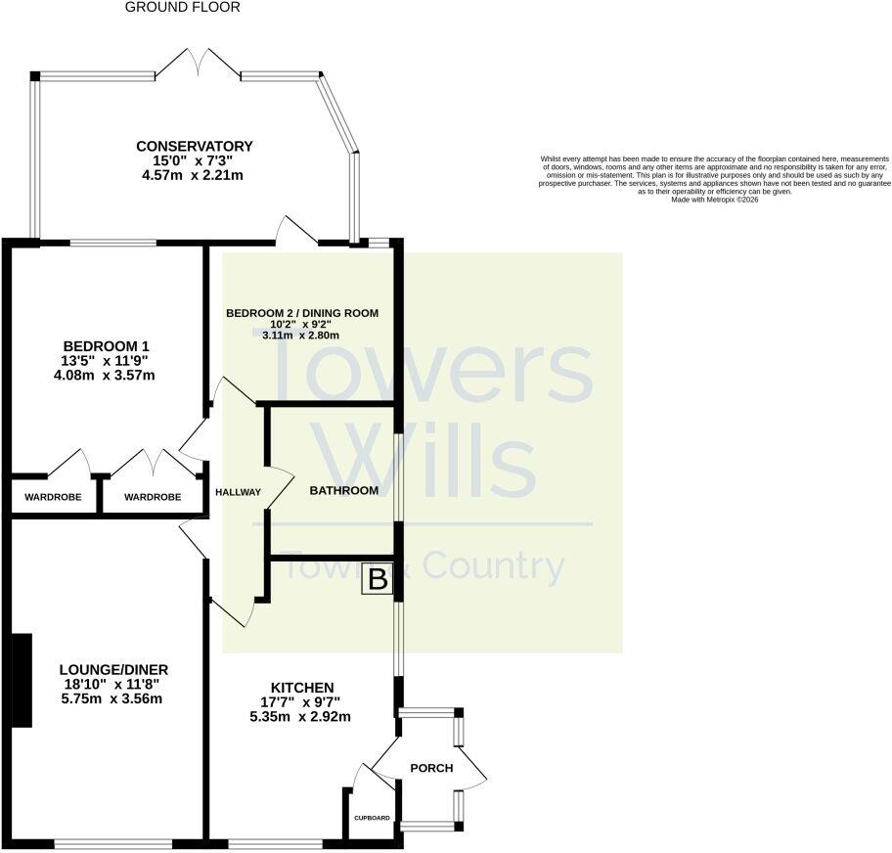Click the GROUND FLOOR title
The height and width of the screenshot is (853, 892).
point(182,8)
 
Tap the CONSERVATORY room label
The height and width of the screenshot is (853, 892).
point(194,147)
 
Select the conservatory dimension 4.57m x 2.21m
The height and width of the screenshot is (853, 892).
point(193,175)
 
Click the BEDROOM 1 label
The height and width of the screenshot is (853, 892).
point(106,346)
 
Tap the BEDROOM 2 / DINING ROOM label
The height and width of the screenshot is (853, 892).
point(302,313)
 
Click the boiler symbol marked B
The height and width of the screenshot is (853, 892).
point(378,580)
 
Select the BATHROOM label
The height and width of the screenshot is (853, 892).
point(343,490)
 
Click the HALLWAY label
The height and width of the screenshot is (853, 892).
point(238,492)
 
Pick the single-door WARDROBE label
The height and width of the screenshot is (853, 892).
point(53,497)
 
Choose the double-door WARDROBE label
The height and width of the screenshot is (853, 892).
point(153,497)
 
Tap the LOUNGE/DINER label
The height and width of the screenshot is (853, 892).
point(113,670)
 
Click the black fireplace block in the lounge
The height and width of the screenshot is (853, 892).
point(22,680)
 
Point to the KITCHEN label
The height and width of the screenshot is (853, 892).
point(302,688)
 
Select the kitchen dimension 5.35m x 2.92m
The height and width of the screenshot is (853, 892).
point(300,717)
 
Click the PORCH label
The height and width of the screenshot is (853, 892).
point(431,768)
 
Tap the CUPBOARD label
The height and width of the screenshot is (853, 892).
point(372,818)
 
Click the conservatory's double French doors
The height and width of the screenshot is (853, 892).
point(198,63)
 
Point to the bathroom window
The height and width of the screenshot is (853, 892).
point(399,476)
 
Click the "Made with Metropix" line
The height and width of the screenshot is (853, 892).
point(715,200)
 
